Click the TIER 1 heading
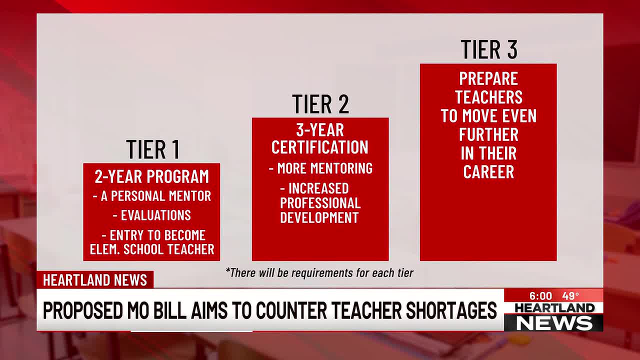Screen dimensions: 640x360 click(153, 149)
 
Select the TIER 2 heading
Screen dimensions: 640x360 click(320, 104)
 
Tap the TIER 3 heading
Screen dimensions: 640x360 click(489, 49)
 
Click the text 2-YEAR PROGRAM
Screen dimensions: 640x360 click(151, 176)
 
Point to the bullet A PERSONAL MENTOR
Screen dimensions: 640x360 click(152, 196)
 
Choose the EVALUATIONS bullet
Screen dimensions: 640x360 click(152, 215)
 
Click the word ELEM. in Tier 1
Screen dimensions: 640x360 click(104, 249)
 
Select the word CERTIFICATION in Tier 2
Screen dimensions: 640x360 click(320, 147)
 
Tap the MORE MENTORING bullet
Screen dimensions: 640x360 click(320, 168)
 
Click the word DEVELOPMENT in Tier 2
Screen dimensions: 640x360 click(319, 217)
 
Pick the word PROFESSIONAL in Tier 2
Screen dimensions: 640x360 click(320, 203)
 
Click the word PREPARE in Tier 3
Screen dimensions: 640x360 click(488, 78)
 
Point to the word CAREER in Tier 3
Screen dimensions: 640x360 click(488, 171)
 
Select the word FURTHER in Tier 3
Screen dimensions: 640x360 click(488, 134)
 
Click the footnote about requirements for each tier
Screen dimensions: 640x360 click(319, 273)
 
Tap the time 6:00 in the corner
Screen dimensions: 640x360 click(540, 296)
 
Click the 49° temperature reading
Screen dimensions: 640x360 click(570, 296)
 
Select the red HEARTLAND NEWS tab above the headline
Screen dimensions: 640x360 click(95, 279)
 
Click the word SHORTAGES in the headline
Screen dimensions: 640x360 click(451, 310)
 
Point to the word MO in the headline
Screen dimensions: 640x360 click(138, 310)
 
